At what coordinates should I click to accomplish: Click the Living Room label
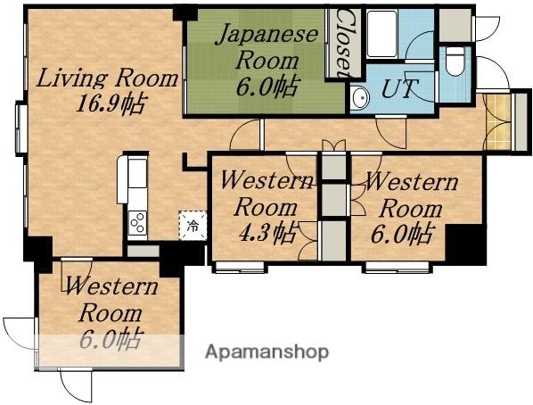tap(107, 79)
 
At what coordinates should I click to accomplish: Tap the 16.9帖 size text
tap(111, 103)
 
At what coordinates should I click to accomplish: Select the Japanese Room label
tap(267, 47)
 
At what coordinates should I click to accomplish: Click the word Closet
tap(344, 43)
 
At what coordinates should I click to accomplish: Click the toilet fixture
tap(455, 62)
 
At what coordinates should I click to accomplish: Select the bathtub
tap(382, 34)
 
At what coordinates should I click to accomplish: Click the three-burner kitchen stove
tap(137, 223)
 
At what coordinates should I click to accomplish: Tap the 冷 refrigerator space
tap(193, 226)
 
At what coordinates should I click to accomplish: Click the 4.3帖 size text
tap(266, 233)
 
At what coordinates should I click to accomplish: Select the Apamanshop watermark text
tap(266, 351)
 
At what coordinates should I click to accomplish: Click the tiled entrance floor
tap(498, 122)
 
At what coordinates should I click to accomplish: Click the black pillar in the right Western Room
tap(465, 244)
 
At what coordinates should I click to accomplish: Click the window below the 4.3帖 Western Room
tap(240, 268)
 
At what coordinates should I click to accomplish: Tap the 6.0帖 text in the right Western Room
tap(402, 234)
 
